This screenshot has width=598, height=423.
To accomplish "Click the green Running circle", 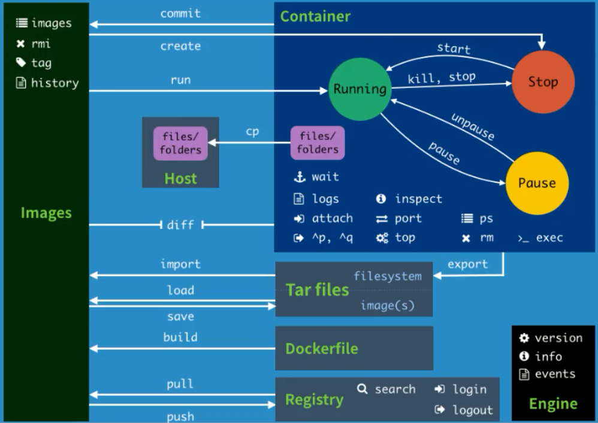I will point(360,89).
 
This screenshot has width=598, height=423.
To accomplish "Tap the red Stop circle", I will point(543,82).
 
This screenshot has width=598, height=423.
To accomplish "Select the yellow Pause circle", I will point(537,183).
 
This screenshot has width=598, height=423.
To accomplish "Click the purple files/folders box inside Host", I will point(180,143).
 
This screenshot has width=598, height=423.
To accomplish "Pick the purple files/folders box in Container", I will point(318,143).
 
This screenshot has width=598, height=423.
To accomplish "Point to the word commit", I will point(180,13).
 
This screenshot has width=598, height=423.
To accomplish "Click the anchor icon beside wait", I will point(298,177).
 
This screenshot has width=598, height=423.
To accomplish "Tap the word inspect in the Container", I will point(418,199).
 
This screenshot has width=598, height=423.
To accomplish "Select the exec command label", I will point(549,238).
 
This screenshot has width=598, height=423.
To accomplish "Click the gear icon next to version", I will point(524,338).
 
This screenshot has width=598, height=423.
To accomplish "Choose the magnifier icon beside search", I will point(362,389).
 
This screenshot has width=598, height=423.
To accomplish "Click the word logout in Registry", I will point(473,410).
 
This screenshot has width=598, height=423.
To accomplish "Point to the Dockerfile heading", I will point(322,348).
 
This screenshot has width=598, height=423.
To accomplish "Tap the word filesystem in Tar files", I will point(388,276).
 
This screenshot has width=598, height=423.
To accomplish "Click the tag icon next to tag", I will point(21,62).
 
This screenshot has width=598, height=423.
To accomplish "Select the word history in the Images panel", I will point(55,83).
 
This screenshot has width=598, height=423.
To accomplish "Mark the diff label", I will point(180,225).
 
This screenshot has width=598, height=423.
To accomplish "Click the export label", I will point(468,264).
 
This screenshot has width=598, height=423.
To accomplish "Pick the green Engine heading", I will point(553,403).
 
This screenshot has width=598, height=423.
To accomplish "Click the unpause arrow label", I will point(473,127).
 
